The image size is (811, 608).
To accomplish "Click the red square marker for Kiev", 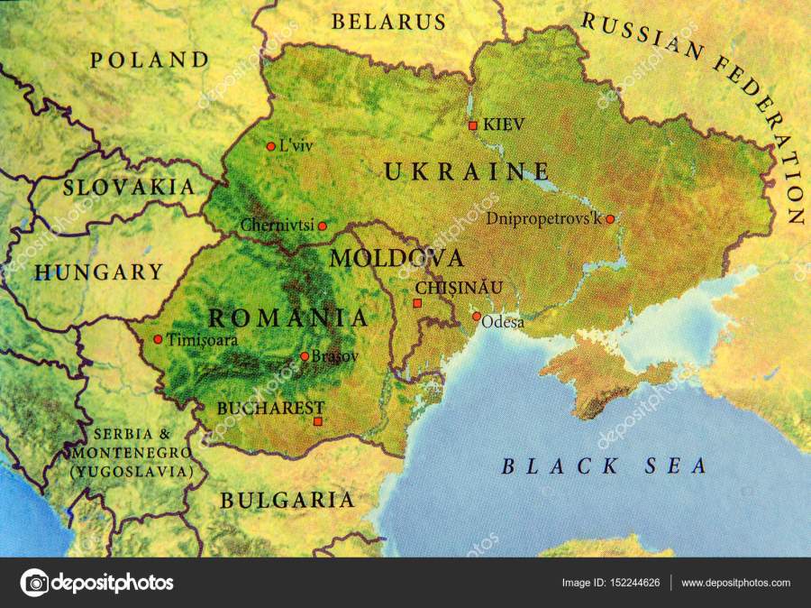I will point(472,126).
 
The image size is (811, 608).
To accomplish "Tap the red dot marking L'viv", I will point(270,146).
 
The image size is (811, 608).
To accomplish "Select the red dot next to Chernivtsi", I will point(323,226).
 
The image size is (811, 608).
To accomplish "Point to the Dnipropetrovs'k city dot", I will point(610,218).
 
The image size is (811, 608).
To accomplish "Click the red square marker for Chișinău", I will point(416,303).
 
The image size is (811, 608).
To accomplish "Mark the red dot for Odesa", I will point(477,317).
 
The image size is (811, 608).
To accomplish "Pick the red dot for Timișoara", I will point(158,339).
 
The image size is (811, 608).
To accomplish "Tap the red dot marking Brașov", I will point(305,356).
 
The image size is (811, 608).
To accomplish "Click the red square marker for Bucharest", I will point(317,421).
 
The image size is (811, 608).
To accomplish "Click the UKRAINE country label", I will point(467,170).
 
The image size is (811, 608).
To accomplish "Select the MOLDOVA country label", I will point(396,258).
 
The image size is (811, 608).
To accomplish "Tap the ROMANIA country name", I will point(288,318).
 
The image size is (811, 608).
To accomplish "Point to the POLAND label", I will point(150,60).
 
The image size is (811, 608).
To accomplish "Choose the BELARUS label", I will point(388,22).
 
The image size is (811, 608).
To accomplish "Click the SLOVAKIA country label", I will point(129,188).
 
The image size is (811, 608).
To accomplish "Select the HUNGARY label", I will point(99,272).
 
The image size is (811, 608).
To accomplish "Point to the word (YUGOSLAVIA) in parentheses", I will point(132,471).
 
